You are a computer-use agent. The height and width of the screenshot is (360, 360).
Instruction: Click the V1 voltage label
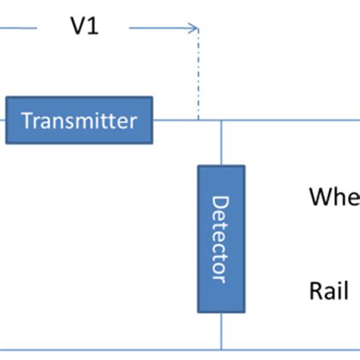pos(84,27)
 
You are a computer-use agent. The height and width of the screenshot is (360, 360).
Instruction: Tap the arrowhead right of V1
pos(194,28)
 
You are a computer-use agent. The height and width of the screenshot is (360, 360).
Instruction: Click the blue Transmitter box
pos(79,120)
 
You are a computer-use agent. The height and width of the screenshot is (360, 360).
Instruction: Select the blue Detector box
pos(221,238)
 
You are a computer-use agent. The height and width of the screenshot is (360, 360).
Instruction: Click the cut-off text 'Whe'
pos(333,197)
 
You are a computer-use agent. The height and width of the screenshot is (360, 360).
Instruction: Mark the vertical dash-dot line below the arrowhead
pos(198,76)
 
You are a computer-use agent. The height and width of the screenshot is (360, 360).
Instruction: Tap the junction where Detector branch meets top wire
pos(221,120)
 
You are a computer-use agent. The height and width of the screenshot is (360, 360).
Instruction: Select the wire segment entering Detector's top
pos(221,143)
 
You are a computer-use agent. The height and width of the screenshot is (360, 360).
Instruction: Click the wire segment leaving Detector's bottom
pos(221,330)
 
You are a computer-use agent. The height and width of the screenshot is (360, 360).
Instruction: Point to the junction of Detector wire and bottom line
pos(221,350)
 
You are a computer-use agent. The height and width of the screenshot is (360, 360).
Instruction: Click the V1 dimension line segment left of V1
pos(18,28)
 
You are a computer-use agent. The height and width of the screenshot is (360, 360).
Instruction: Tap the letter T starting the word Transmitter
pos(25,120)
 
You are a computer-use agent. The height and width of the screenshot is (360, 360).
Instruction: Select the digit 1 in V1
pos(93,27)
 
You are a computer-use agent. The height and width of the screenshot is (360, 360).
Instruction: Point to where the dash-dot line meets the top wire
pos(198,120)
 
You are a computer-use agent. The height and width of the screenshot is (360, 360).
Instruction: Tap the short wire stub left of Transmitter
pos(3,120)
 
